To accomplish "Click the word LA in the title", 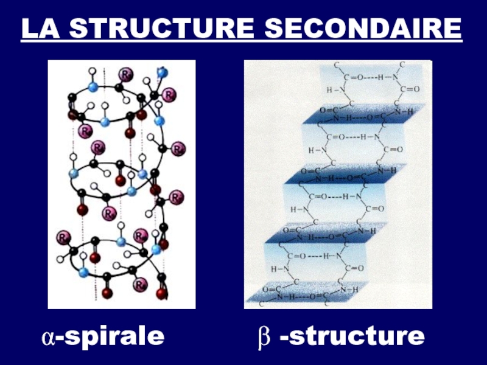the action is (39, 29).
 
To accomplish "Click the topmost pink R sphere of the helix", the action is (125, 74).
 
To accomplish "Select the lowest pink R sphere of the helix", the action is (140, 284).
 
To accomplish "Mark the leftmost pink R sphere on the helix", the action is (63, 237).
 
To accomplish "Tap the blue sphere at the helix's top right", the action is (162, 72).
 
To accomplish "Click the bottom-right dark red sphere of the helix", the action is (161, 294).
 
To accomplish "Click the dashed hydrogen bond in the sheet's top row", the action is (371, 77).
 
